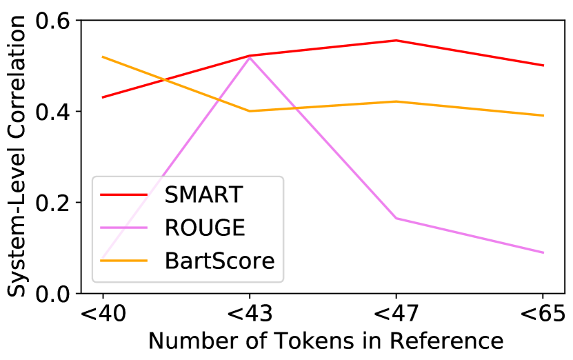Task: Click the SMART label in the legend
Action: coord(203,195)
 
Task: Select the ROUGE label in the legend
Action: coord(204,228)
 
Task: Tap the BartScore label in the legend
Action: coord(219,261)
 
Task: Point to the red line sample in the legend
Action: coord(124,195)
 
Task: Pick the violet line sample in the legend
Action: coord(124,228)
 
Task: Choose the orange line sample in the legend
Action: coord(124,261)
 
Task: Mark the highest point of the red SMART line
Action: coord(396,40)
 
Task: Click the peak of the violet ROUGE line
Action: coord(250,57)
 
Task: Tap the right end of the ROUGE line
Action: coord(544,252)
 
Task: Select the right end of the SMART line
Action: coord(544,66)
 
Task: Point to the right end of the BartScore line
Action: coord(544,115)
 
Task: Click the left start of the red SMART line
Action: coord(102,97)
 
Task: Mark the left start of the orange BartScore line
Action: coord(102,57)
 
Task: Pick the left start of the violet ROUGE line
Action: coord(102,259)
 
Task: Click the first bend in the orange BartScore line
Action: coord(250,111)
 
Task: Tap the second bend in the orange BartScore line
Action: coord(396,101)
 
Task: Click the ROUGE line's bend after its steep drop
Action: coord(396,218)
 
